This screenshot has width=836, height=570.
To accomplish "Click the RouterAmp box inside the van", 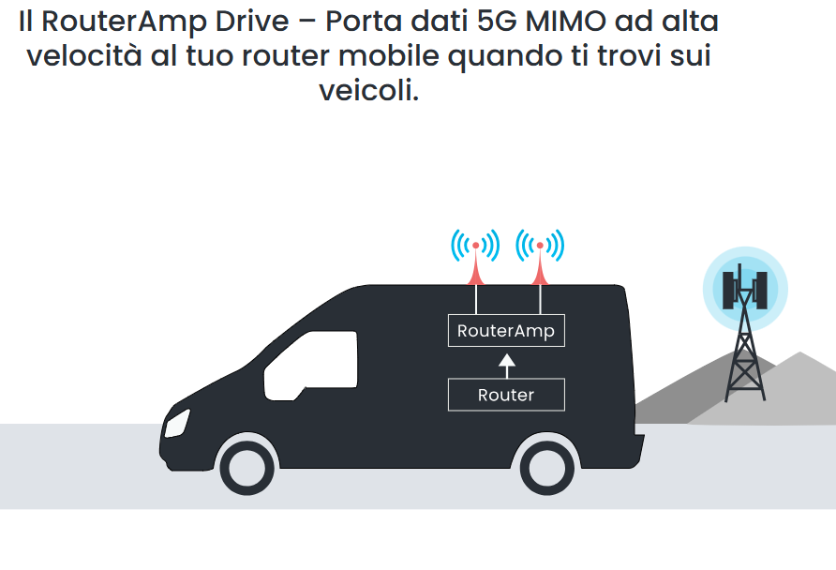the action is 506,331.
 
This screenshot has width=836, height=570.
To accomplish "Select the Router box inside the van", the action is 506,395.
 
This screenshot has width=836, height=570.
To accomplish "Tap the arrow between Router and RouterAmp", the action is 506,367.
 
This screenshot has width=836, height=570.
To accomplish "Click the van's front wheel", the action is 246,468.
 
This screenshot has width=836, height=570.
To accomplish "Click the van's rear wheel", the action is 547,468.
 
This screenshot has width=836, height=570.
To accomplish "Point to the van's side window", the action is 311,366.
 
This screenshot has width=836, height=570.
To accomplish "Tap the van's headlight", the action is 177,424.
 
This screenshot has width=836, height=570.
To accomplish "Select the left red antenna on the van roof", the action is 475,263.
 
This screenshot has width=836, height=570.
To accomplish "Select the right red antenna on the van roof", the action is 540,263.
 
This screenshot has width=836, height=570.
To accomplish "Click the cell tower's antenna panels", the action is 745,290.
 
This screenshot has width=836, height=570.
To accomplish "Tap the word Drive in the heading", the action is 252,22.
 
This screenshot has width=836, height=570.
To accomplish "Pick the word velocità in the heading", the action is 84,55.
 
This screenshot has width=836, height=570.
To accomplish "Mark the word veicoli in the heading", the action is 369,90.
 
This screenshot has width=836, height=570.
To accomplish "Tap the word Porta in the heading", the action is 364,22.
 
